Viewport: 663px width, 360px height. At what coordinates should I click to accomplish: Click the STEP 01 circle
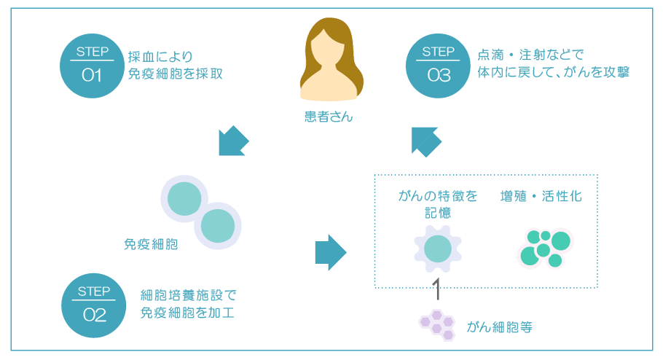pos(92,65)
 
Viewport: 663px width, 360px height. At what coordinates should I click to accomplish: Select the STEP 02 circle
pos(94,305)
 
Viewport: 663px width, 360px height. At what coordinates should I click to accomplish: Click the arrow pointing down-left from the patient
pos(234,141)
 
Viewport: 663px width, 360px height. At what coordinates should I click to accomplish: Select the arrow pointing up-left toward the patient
pos(425,141)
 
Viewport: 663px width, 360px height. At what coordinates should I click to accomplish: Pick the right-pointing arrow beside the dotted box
pos(330,252)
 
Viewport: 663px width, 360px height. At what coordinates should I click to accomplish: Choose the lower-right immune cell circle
pos(218,225)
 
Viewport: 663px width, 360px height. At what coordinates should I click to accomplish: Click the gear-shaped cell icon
pos(438,248)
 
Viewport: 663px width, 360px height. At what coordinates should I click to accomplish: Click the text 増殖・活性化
pos(541,197)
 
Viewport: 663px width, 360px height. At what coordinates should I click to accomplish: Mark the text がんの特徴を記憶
pos(438,204)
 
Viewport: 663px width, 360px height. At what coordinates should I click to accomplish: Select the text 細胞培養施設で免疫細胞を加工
pos(188,305)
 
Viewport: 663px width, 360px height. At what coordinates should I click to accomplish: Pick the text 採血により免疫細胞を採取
pos(175,65)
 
